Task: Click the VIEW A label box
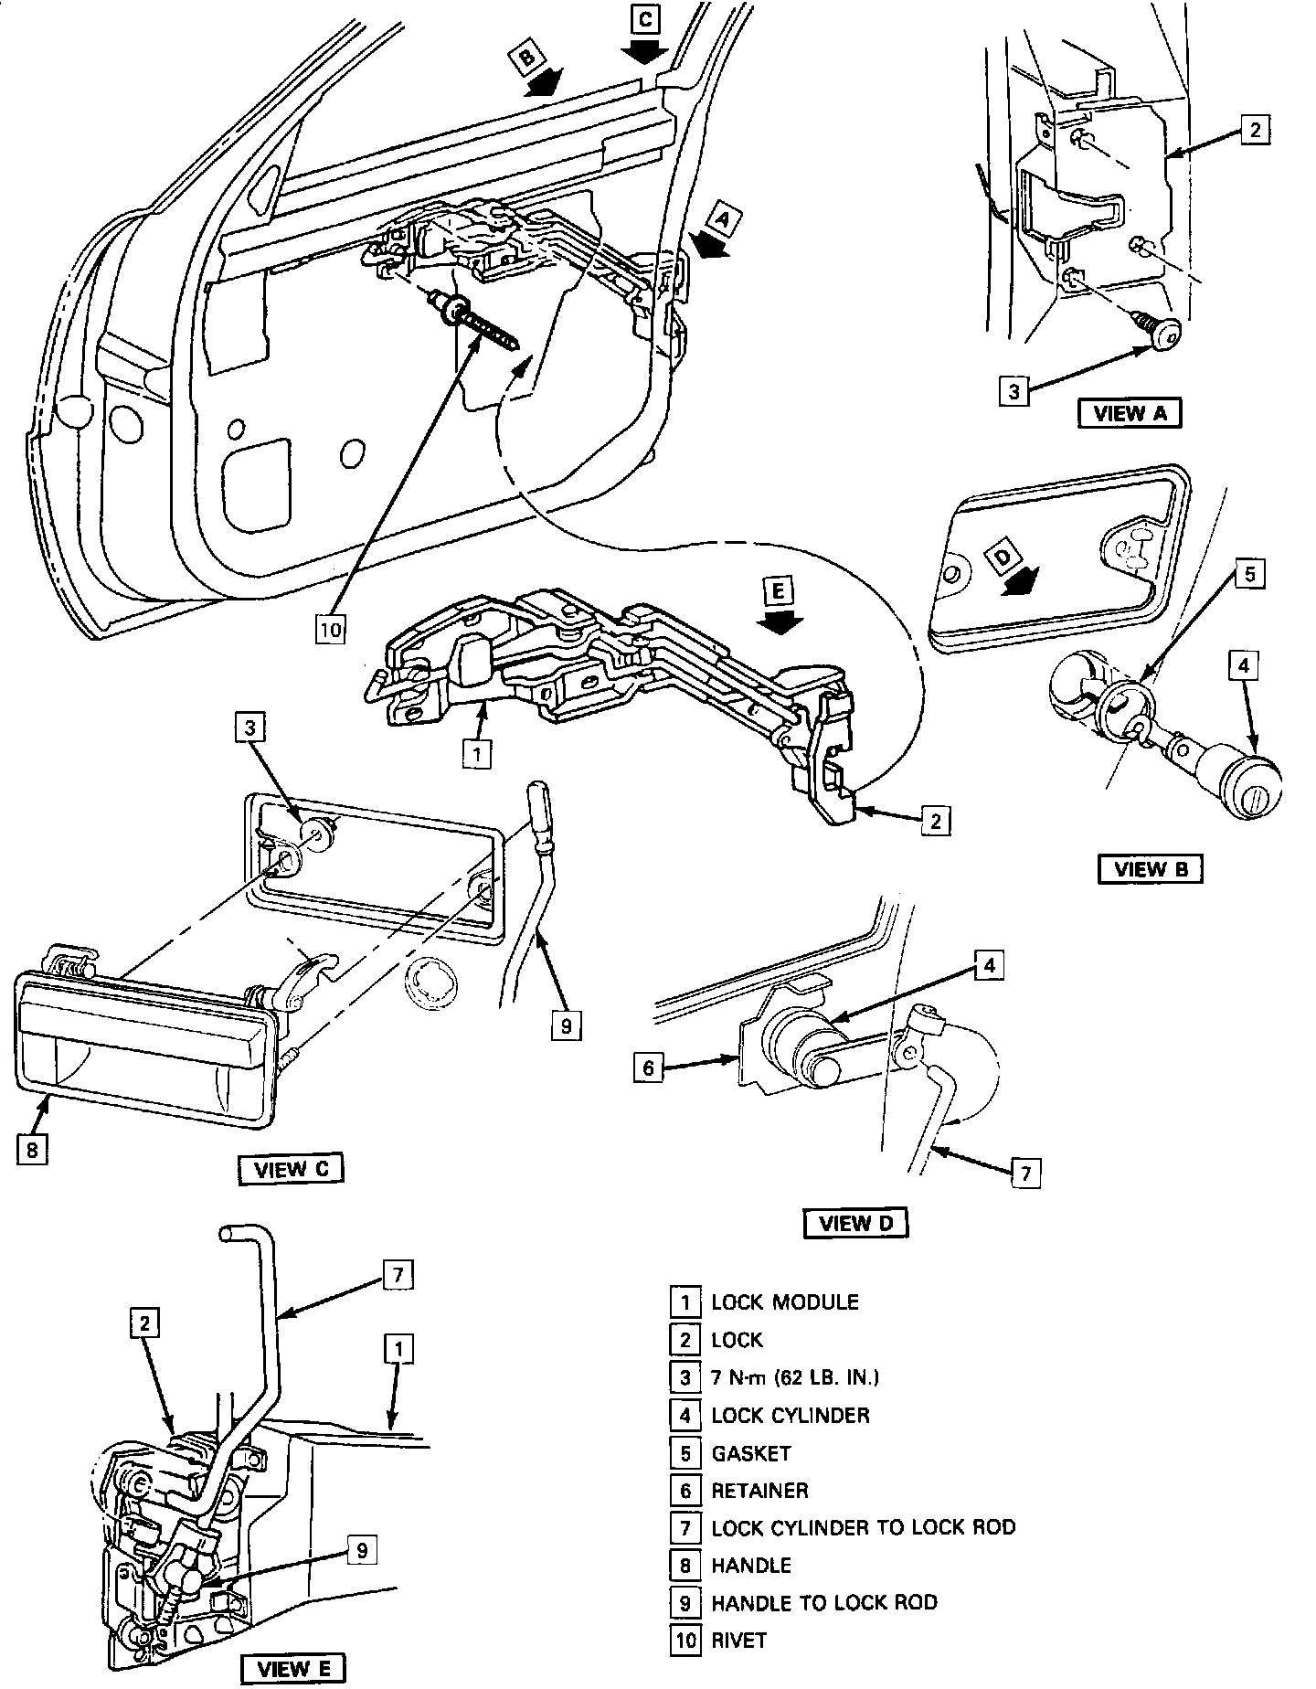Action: click(1130, 413)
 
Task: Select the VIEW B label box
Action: click(1150, 868)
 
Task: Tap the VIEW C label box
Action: click(291, 1170)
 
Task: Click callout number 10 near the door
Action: click(330, 630)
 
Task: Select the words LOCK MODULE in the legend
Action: click(785, 1301)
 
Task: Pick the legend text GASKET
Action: click(750, 1453)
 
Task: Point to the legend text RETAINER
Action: click(759, 1491)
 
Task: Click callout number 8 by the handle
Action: click(32, 1150)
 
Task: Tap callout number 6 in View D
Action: click(648, 1068)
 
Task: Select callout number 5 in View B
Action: click(1250, 575)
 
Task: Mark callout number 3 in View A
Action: click(1014, 392)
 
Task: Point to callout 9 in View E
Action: click(362, 1550)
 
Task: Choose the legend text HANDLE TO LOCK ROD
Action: click(824, 1602)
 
